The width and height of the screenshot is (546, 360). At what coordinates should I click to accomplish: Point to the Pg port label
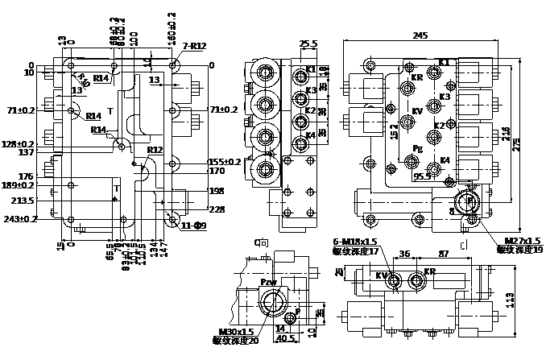(x=418, y=149)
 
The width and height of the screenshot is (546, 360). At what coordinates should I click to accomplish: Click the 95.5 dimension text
(x=422, y=175)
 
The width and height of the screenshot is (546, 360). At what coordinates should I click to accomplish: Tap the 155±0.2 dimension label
(x=225, y=161)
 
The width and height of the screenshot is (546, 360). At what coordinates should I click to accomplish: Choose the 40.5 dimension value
(x=283, y=339)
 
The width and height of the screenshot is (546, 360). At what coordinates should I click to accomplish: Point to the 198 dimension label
(x=216, y=192)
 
